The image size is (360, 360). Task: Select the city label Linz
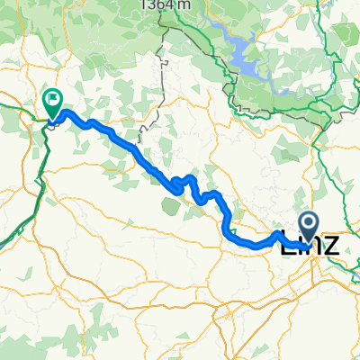[310, 243]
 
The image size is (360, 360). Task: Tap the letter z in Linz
[331, 245]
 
